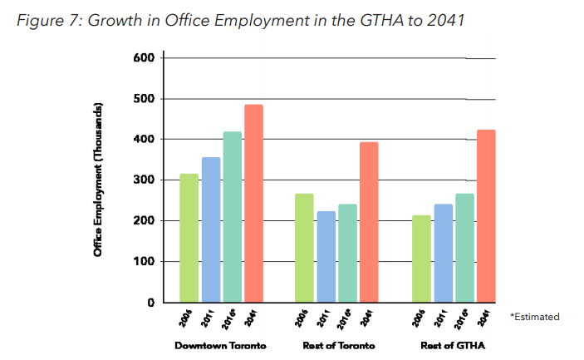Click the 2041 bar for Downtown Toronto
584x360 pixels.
click(x=253, y=204)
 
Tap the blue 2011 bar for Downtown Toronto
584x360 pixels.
click(x=210, y=229)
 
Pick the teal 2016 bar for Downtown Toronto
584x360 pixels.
click(x=232, y=217)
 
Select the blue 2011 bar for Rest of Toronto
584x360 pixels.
click(x=325, y=257)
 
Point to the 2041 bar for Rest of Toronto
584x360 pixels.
click(x=368, y=222)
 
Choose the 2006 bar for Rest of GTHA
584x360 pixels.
click(x=420, y=259)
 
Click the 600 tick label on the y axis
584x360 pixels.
click(x=144, y=58)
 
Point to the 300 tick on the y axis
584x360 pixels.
click(x=144, y=180)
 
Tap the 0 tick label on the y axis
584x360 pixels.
click(x=151, y=303)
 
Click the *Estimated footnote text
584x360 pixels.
click(x=534, y=317)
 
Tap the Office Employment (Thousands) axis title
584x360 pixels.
click(x=98, y=180)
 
